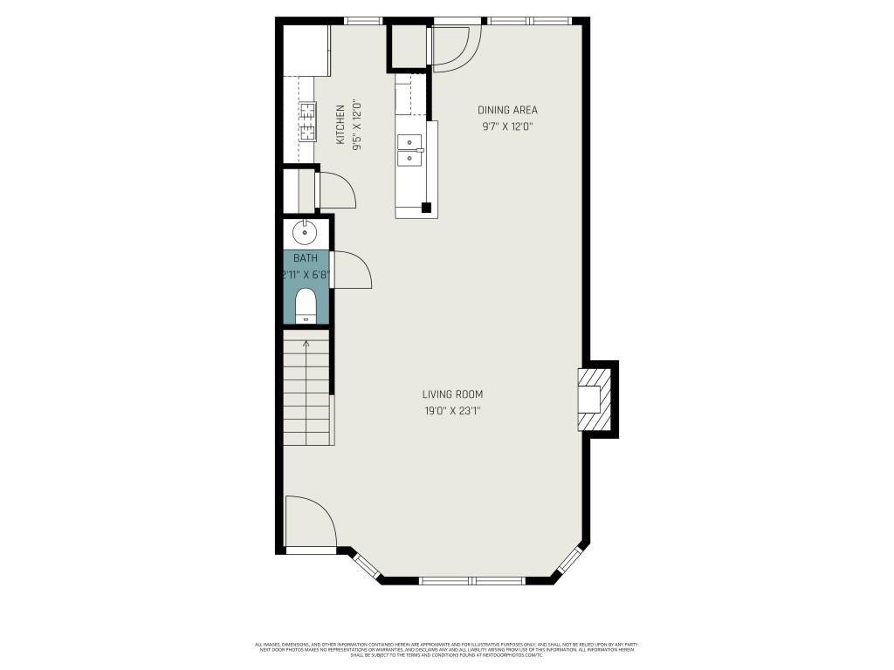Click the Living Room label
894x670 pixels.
452,394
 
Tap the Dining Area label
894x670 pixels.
507,110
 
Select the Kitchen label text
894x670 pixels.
340,125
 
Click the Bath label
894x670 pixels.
306,258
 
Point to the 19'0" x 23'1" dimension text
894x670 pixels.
452,412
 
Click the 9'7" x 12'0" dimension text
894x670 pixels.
507,126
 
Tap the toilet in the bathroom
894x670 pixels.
306,306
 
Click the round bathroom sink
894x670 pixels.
305,232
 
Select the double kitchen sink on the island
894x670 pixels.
409,149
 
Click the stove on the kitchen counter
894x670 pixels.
308,121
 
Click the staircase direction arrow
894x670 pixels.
306,345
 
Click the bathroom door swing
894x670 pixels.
351,270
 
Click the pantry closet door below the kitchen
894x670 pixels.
336,190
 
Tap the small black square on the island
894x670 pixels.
426,208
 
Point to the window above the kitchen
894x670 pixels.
362,20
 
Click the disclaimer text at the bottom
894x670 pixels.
446,650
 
